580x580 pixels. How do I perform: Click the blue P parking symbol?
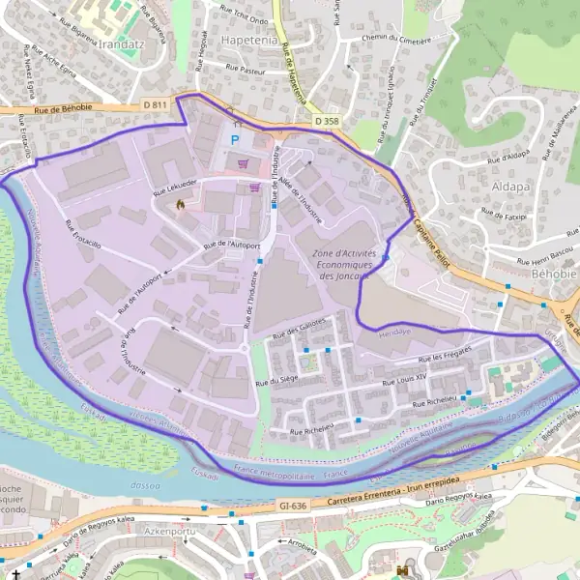(x=233, y=139)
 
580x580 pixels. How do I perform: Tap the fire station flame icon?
(x=179, y=204)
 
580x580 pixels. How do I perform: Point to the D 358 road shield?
(x=328, y=120)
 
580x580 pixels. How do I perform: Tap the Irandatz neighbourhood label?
(x=113, y=44)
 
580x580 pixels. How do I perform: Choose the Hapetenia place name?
(x=249, y=42)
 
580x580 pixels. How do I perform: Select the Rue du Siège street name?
(x=276, y=382)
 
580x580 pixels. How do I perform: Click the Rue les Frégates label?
(x=445, y=355)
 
